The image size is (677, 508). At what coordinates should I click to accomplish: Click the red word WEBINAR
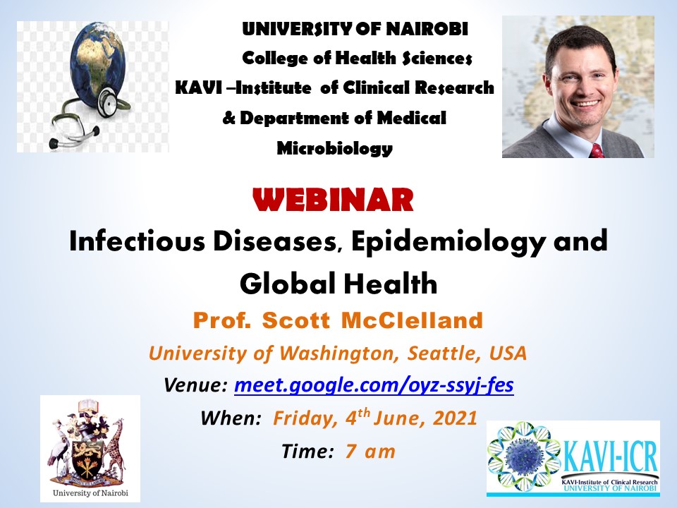click(x=333, y=200)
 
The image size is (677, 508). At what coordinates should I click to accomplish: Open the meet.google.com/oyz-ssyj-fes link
click(x=374, y=385)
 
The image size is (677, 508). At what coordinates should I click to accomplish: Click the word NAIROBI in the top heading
click(x=427, y=29)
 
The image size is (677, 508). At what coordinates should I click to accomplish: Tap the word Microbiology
click(x=334, y=148)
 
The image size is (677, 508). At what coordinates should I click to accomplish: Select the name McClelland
click(x=412, y=320)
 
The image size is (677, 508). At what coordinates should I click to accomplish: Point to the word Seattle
click(x=445, y=353)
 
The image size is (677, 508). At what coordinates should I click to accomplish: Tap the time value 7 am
click(x=370, y=452)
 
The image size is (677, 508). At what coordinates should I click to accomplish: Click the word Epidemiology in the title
click(x=449, y=242)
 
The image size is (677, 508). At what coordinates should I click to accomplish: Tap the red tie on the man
click(x=597, y=150)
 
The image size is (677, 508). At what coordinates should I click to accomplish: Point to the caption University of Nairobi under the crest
click(x=90, y=493)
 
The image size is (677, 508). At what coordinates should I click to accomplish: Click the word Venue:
click(x=195, y=385)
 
